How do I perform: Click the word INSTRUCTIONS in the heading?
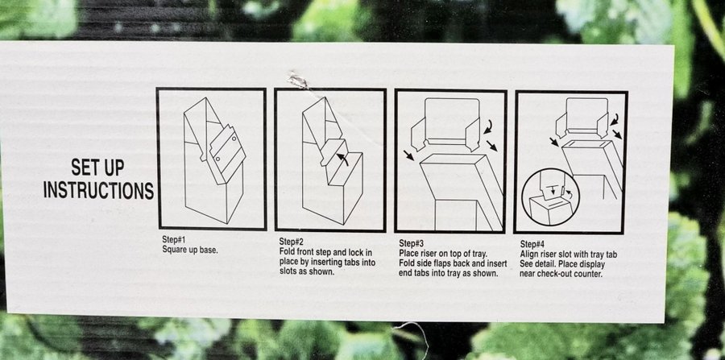tap(98, 190)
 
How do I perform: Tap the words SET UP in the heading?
tap(97, 168)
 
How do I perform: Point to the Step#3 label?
tap(411, 243)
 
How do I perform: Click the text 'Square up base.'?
tap(189, 250)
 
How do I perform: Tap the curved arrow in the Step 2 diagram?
tap(342, 159)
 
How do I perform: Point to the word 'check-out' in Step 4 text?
tap(554, 274)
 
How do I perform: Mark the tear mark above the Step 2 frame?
tap(298, 81)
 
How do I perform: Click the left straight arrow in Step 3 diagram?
tap(408, 155)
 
